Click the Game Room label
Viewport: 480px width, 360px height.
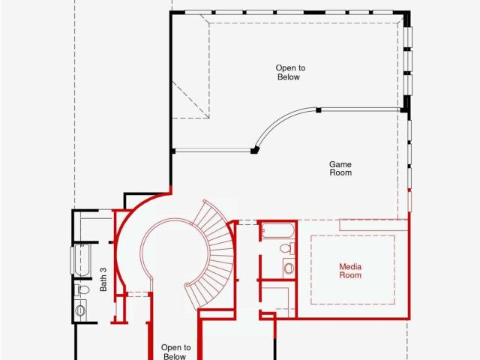pos(340,169)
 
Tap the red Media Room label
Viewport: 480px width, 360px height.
pos(350,271)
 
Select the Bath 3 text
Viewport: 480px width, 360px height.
pos(103,280)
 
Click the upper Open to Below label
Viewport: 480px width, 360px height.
pos(290,73)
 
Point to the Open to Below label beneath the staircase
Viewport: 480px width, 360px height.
pos(175,352)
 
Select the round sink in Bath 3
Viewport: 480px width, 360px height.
pos(80,310)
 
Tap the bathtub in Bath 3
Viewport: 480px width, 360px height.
pos(82,259)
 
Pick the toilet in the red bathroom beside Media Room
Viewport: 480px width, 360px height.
pos(287,248)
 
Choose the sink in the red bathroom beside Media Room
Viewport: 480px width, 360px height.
pos(289,268)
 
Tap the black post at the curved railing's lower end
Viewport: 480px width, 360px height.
pos(254,150)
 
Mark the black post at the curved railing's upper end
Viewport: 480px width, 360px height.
pos(318,110)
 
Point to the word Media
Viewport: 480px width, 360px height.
pos(350,267)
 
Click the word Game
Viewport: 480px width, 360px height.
pos(340,164)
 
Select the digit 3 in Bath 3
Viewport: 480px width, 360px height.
pos(103,270)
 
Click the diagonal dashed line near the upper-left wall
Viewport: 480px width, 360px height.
pos(190,99)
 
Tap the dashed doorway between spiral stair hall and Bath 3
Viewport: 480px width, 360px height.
pos(138,295)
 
